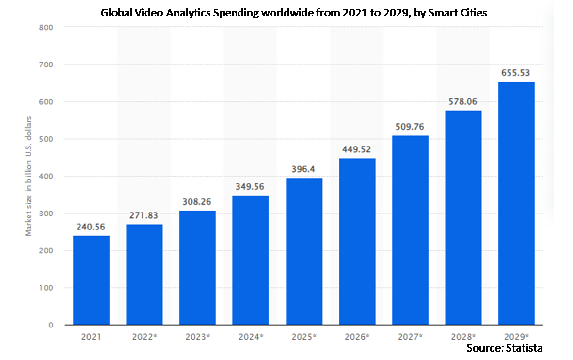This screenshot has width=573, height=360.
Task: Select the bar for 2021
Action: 91,280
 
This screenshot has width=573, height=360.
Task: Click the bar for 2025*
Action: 304,251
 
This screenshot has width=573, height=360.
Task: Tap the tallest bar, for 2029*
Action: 516,203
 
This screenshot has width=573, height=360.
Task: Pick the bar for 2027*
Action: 410,230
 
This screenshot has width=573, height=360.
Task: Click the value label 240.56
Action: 91,226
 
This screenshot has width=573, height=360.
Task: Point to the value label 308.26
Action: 197,201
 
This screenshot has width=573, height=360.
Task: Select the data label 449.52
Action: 357,149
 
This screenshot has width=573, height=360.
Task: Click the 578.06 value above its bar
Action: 463,101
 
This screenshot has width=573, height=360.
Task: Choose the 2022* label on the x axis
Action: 144,336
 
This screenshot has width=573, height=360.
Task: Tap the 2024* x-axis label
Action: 251,336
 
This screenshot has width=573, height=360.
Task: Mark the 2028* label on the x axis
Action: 463,336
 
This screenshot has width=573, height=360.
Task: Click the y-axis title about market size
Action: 29,176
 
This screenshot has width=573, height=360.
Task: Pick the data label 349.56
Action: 251,186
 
